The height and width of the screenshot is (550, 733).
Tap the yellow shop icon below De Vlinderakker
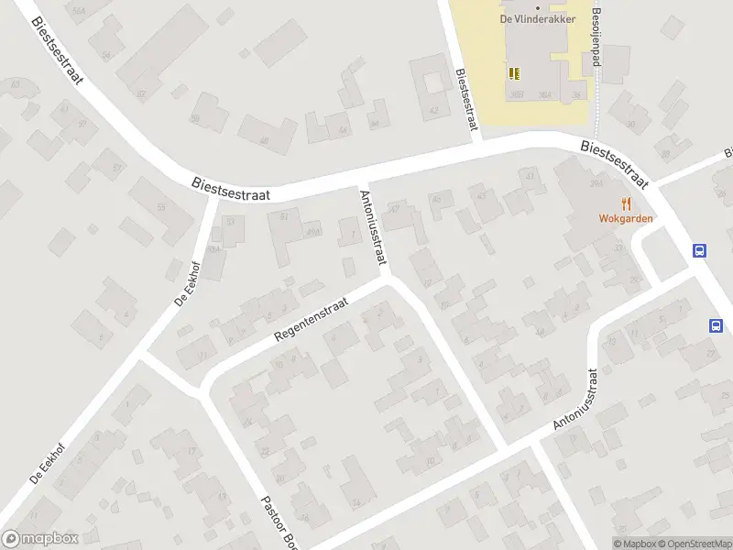[513, 72]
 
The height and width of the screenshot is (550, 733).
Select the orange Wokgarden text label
[625, 219]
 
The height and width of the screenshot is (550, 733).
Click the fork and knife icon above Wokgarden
[627, 203]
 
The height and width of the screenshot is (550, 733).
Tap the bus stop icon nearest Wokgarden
[700, 250]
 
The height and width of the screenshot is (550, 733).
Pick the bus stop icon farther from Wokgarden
[716, 325]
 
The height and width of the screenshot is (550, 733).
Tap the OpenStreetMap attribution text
[693, 544]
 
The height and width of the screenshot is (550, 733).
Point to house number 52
[140, 93]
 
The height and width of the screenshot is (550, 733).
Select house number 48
[264, 140]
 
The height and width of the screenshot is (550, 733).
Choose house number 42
[434, 110]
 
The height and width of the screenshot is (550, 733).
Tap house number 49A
[312, 231]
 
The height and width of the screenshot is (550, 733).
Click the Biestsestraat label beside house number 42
[467, 101]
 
